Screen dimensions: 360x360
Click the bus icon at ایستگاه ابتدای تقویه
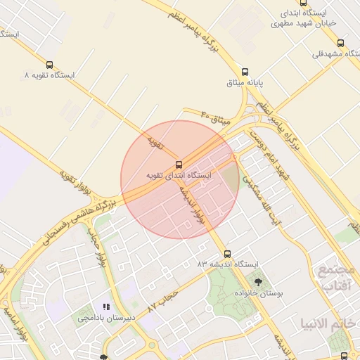point(178,164)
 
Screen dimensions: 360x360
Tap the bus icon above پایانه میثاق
point(245,72)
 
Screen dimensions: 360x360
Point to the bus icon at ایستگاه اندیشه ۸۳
point(226,253)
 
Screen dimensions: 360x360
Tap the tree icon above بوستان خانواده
point(257,281)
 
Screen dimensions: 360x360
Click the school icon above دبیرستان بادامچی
point(106,307)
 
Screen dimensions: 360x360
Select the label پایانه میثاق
point(244,83)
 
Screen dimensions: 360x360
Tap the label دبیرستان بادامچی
point(106,318)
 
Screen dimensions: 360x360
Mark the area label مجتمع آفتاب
point(340,278)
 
